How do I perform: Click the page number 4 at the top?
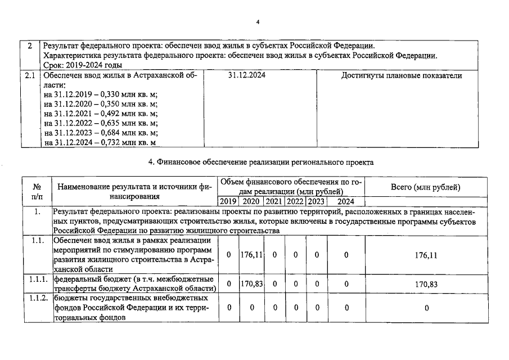click(258, 22)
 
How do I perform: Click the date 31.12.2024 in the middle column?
click(247, 75)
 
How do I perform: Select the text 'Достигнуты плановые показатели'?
click(402, 75)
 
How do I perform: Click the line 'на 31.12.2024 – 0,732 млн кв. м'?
click(100, 142)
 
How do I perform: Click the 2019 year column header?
click(228, 201)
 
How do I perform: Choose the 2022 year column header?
click(295, 201)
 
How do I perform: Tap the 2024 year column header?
click(346, 201)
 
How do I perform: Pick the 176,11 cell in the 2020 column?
click(251, 255)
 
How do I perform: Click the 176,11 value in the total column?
click(426, 255)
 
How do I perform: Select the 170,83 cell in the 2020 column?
click(251, 284)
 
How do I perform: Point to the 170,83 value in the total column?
click(426, 284)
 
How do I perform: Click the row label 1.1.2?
click(37, 297)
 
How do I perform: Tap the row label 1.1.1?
click(37, 279)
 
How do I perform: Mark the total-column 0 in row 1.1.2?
click(426, 308)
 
